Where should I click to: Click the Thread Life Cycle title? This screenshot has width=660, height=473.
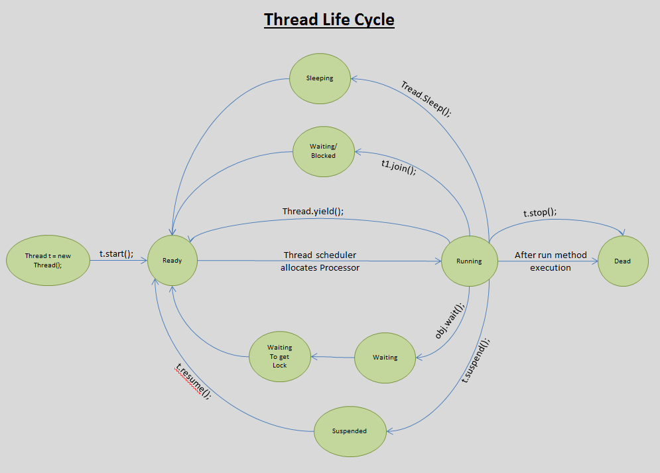[x=329, y=20]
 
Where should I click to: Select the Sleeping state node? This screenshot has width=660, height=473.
[x=320, y=78]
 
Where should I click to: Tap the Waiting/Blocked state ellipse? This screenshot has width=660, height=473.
[x=323, y=151]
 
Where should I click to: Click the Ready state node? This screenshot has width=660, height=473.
[x=172, y=261]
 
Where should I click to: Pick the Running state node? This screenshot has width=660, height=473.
[x=469, y=261]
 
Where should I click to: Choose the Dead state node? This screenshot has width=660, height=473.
[x=622, y=261]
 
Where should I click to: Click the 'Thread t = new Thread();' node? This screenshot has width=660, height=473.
[x=48, y=260]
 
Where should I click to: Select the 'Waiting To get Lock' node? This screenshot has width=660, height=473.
[x=279, y=356]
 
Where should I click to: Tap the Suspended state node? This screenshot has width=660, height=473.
[x=349, y=431]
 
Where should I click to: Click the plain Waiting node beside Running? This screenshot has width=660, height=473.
[x=385, y=358]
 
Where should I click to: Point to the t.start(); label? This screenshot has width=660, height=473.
[x=117, y=253]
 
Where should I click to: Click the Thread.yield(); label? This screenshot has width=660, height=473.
[x=313, y=212]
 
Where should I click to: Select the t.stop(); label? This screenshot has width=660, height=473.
[x=540, y=212]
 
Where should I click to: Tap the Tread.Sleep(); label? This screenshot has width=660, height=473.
[x=426, y=99]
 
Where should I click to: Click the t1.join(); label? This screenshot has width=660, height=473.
[x=399, y=169]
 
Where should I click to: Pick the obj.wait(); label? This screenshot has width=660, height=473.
[x=449, y=320]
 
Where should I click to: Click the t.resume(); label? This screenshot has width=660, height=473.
[x=193, y=379]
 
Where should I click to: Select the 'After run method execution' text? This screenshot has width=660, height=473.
[x=551, y=261]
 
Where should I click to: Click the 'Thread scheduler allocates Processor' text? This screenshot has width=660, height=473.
[x=320, y=261]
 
